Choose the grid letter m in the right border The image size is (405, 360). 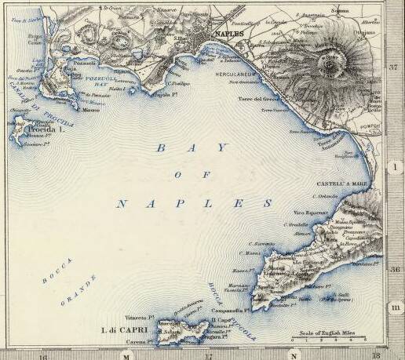pyautogui.click(x=395, y=307)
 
